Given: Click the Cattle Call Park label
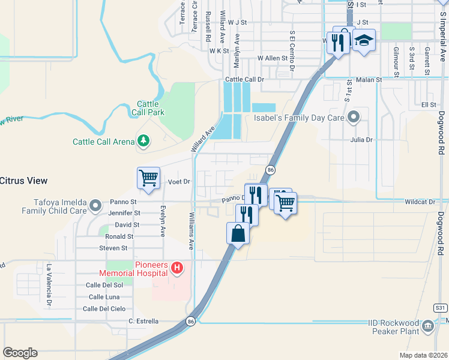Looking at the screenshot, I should click(x=148, y=108).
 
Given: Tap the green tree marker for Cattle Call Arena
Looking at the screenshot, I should click(x=143, y=141).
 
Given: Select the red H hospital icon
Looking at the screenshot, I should click(x=176, y=268).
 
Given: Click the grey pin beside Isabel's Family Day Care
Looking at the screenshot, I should click(x=354, y=118).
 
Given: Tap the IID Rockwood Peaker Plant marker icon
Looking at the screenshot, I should click(x=427, y=326).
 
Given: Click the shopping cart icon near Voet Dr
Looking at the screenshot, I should click(x=148, y=178).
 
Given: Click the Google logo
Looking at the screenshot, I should click(x=20, y=353).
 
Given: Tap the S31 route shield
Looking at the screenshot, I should click(x=441, y=307).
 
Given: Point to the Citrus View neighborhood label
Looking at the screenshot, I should click(x=23, y=180).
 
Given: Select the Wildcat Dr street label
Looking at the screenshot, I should click(x=419, y=202).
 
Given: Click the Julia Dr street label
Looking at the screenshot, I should click(x=362, y=140).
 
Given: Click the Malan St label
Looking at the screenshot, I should click(x=370, y=79).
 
